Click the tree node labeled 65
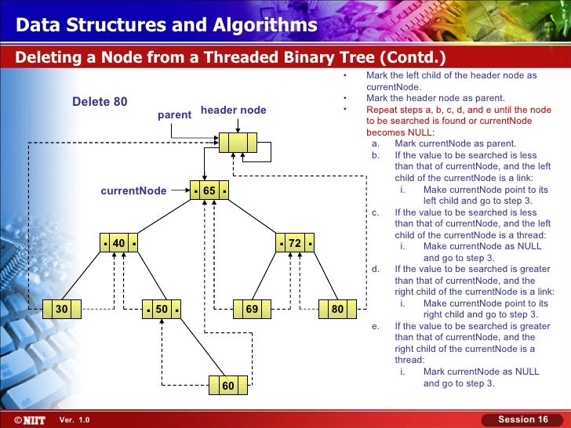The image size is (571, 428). coord(209,190)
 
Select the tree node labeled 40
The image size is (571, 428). coord(119,244)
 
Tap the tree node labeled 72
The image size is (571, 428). coord(295,244)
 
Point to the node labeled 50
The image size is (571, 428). coord(162,310)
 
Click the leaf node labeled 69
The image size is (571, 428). coord(252,310)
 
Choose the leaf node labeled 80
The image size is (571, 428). coord(338,310)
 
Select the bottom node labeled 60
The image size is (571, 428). coord(227,385)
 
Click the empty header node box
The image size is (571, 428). coord(238,143)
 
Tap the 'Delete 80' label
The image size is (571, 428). coord(100,102)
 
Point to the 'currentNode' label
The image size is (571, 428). coord(133,190)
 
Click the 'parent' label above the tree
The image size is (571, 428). coord(174,114)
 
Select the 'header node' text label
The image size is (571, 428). coord(234,111)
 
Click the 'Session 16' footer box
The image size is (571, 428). coord(523,419)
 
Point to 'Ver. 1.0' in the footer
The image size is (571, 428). coord(75,420)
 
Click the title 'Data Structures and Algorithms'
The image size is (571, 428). coord(166,26)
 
